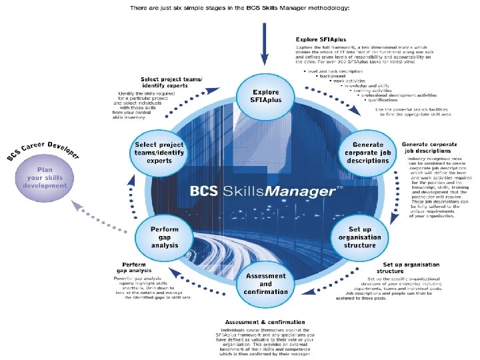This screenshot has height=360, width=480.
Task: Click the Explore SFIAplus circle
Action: tap(265, 97)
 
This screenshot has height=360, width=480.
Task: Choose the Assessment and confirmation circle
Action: tap(265, 283)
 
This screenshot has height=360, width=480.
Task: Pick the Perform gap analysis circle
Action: tap(164, 237)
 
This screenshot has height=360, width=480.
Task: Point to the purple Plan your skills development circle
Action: tap(43, 176)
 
